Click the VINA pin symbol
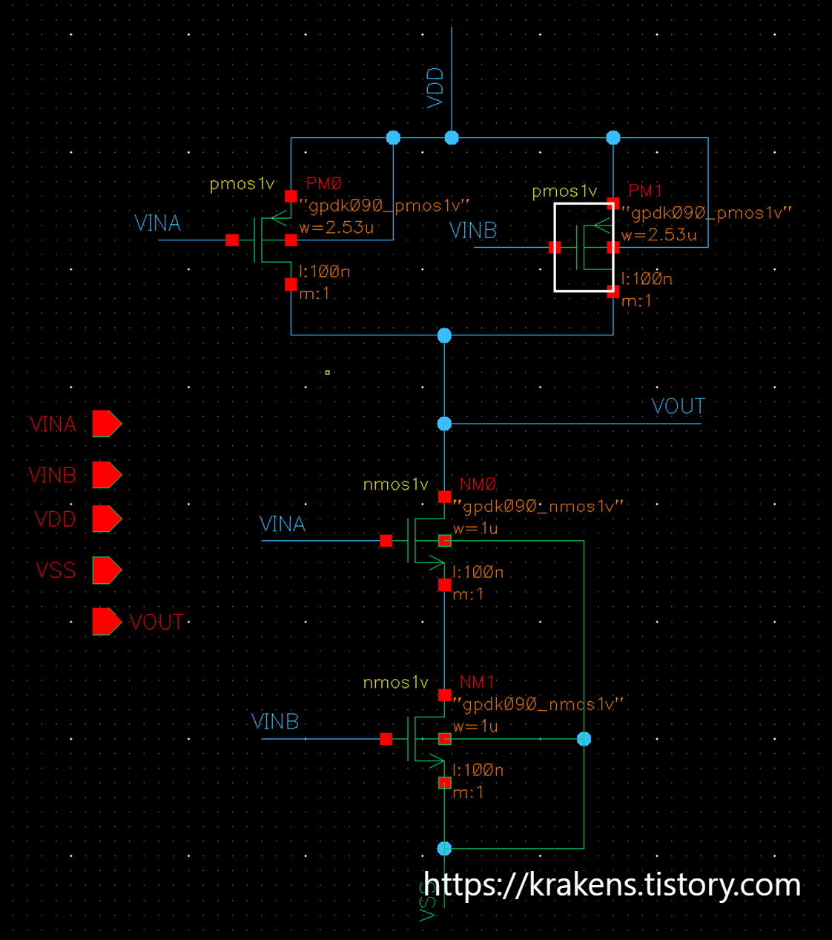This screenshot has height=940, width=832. click(106, 424)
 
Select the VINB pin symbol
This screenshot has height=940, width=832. click(106, 475)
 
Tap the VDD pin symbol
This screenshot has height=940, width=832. click(106, 519)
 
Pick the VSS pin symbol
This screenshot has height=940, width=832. click(106, 570)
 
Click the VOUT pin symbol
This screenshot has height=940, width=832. click(106, 622)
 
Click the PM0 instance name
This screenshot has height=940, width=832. click(324, 183)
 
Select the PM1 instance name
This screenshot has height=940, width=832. click(645, 191)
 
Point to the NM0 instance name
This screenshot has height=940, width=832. click(478, 484)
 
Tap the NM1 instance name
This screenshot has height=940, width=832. click(477, 682)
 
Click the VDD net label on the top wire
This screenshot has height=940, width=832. click(435, 88)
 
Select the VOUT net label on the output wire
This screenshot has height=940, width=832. click(678, 407)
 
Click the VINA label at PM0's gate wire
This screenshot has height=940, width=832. click(157, 223)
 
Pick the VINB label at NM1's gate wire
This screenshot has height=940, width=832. click(275, 721)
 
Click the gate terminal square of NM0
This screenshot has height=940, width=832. click(386, 541)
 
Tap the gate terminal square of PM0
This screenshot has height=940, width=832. click(232, 240)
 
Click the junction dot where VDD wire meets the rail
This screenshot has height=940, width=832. click(452, 138)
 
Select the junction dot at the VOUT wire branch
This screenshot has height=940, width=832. click(444, 424)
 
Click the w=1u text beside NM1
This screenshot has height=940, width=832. click(475, 726)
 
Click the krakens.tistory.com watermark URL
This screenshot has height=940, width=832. click(612, 884)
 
